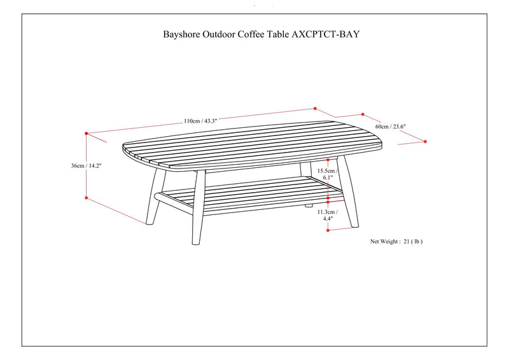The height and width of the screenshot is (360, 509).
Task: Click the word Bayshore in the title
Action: coord(181,34)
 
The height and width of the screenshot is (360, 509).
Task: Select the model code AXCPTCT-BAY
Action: coord(326,34)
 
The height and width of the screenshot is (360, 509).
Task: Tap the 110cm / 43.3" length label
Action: coord(200,121)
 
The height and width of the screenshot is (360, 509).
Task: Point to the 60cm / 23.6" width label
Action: coord(391,127)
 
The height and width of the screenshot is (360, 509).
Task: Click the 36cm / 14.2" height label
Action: coord(87,165)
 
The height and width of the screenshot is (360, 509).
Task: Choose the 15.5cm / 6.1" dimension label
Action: coord(328,174)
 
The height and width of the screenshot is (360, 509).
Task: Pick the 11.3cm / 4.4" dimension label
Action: coord(328,215)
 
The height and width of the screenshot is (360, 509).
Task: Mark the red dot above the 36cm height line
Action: coord(87,134)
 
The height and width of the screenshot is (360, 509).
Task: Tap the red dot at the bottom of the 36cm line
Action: coord(87,198)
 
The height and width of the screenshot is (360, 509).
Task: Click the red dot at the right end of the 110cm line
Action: coord(315,108)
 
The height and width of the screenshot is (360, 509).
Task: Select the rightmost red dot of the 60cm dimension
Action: coord(425,142)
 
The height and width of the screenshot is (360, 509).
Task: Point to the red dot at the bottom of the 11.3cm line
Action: coord(328,230)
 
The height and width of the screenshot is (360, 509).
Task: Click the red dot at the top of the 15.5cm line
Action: coord(328,160)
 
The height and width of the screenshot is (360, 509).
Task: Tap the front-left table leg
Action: coord(155,197)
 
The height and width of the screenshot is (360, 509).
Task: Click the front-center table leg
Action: coord(199,207)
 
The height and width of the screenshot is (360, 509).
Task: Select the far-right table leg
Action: coord(348,192)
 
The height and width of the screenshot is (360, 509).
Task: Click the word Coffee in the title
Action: coord(251,34)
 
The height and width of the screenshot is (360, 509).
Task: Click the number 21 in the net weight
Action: coord(407,242)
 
